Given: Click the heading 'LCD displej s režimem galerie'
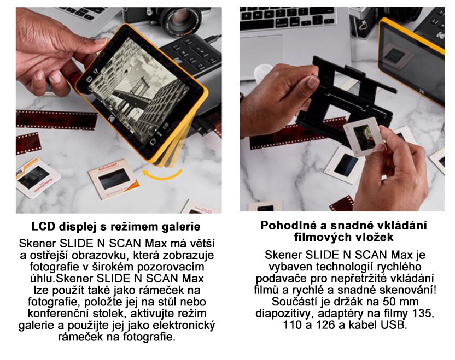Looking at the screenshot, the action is click(x=116, y=227).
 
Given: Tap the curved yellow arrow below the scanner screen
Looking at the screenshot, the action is click(x=162, y=174).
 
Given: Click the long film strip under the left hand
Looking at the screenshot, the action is click(x=56, y=120).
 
